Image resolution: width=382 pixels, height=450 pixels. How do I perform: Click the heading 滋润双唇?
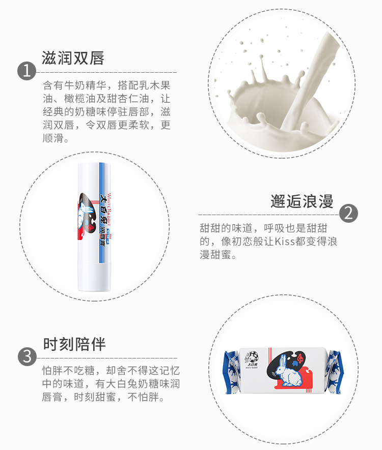(73, 57)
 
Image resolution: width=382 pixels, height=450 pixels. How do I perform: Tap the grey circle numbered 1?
(27, 71)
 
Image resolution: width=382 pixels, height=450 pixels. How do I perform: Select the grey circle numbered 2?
(348, 213)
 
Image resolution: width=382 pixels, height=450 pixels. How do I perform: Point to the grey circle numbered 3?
(27, 356)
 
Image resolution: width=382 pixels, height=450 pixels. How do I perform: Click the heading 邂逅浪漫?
(302, 201)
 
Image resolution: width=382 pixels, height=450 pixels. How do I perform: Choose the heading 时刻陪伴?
(74, 344)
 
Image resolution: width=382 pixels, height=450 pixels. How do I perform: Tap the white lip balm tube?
(95, 226)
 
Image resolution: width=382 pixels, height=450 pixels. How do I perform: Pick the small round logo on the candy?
(252, 355)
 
